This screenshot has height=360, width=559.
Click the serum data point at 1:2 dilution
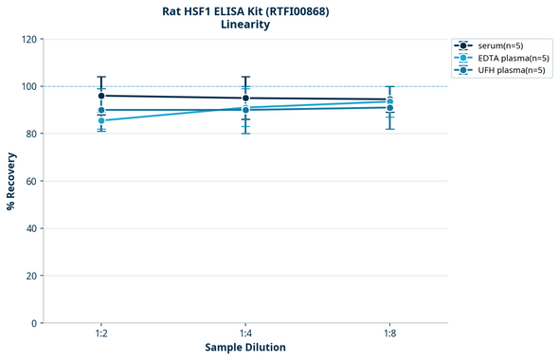(101, 96)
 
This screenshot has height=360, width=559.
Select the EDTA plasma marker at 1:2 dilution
(101, 120)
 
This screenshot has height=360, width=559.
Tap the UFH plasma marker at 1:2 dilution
(101, 110)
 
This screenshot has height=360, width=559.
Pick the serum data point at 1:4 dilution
(245, 98)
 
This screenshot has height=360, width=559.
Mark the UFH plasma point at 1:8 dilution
(389, 107)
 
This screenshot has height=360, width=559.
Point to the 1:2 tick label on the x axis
(101, 333)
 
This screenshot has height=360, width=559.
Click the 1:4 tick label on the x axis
(245, 333)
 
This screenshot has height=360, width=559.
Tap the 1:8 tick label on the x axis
(389, 333)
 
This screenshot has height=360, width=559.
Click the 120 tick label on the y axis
(29, 39)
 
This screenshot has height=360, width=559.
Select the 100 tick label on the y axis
(29, 86)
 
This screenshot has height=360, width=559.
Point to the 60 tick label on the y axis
(32, 181)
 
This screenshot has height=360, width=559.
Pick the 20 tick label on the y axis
(32, 276)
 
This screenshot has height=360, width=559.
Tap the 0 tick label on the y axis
(35, 323)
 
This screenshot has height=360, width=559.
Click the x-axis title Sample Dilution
(245, 348)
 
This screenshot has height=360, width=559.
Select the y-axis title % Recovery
(11, 181)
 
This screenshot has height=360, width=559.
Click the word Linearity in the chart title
(245, 25)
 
